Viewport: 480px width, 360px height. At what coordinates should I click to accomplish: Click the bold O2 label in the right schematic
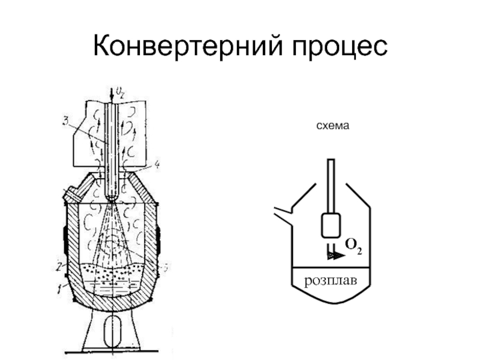click(x=354, y=245)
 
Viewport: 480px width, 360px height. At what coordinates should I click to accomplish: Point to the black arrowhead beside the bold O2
click(x=337, y=254)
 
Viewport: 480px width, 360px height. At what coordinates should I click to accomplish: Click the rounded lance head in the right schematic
click(x=331, y=226)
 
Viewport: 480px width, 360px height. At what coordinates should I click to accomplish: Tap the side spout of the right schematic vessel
click(x=282, y=212)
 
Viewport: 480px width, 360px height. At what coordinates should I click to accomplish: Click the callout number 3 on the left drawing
click(x=65, y=123)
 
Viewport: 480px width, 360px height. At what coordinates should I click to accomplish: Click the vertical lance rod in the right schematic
click(x=330, y=186)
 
